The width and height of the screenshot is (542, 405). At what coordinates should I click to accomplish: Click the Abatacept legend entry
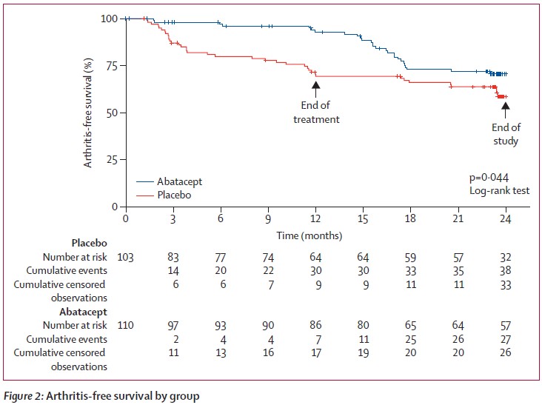179,181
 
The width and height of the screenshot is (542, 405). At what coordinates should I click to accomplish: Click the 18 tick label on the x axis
410,219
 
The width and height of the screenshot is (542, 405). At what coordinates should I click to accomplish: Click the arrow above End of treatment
315,87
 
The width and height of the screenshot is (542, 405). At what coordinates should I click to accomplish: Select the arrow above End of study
506,109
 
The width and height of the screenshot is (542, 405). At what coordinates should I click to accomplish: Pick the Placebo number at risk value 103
126,257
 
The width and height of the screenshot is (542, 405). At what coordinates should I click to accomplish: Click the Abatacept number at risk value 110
126,325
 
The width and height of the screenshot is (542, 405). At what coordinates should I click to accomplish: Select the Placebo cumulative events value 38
506,271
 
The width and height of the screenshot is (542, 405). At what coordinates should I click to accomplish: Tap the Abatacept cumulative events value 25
410,339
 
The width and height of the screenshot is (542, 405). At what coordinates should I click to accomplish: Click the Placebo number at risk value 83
173,257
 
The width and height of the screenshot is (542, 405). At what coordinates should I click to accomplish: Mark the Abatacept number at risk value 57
506,325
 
